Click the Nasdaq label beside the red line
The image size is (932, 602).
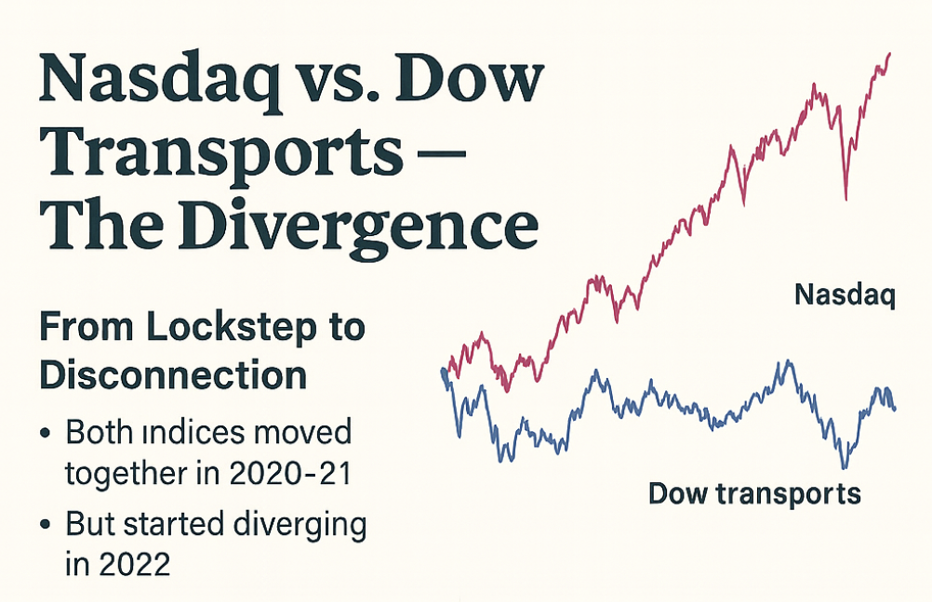click(845, 296)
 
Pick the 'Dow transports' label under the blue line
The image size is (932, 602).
click(754, 493)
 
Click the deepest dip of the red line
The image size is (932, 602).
click(846, 198)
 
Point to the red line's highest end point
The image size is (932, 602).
click(889, 54)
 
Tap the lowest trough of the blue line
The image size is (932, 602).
click(845, 466)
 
